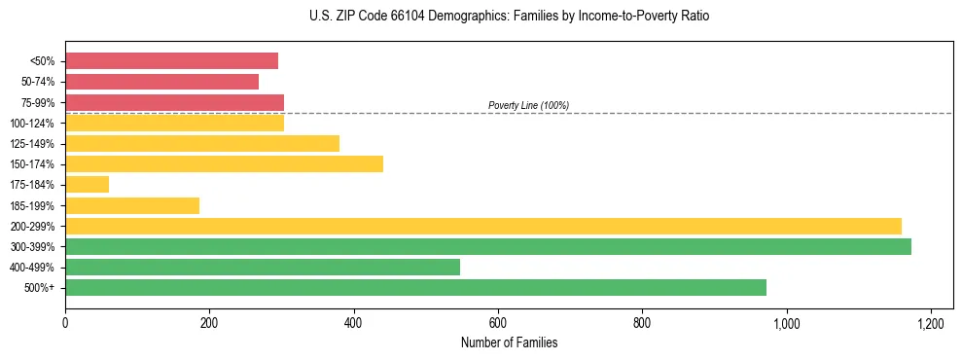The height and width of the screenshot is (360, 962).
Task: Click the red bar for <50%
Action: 171,61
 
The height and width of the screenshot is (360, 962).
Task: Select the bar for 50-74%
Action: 161,82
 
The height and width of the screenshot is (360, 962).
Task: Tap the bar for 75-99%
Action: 174,102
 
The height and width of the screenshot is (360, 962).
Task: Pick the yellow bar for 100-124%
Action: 174,123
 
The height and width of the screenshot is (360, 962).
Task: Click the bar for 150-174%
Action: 224,163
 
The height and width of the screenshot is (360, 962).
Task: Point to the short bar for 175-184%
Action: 87,184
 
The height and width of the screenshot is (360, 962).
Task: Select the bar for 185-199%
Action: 132,205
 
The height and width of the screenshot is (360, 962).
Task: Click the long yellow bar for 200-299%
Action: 483,226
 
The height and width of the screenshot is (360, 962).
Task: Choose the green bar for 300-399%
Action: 488,246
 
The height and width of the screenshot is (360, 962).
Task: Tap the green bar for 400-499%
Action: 263,267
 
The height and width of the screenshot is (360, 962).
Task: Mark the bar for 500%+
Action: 415,287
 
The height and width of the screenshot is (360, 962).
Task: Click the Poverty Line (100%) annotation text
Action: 528,105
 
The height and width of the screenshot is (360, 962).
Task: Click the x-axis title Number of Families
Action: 509,343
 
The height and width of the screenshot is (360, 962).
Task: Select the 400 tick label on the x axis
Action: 353,322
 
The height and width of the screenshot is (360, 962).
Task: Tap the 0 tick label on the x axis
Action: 65,322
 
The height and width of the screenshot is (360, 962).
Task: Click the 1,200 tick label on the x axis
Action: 931,322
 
